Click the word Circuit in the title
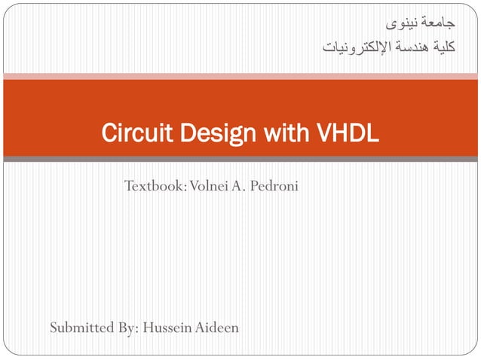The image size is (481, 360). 129,135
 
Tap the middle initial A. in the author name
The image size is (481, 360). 243,185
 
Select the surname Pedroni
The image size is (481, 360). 276,185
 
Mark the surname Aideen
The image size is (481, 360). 218,327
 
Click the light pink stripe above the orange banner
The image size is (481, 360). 240,75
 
